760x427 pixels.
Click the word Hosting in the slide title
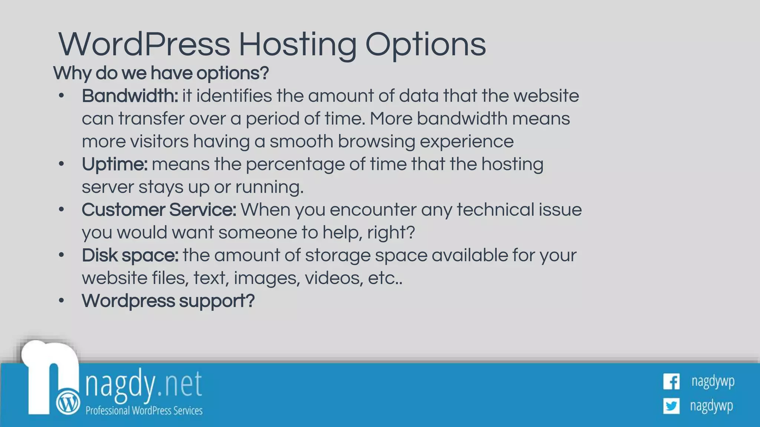297,45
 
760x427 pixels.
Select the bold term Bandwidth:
130,96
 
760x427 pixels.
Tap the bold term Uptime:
114,164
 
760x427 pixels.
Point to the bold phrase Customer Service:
158,210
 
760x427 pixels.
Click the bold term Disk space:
130,255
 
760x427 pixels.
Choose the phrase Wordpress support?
168,301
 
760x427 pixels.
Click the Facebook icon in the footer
671,382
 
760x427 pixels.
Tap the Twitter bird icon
671,406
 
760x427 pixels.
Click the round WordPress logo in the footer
68,403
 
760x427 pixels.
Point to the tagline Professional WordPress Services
144,411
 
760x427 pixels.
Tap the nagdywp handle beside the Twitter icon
711,406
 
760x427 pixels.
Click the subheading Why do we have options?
161,73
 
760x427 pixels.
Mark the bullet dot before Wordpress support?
62,301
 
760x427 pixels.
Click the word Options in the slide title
425,45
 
